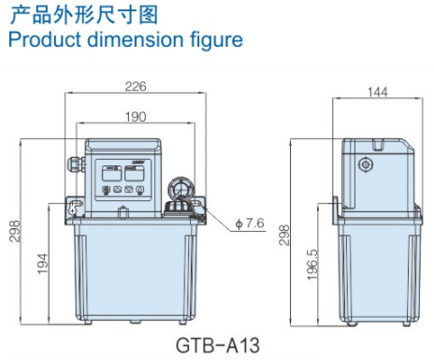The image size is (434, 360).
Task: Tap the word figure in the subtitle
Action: point(212,40)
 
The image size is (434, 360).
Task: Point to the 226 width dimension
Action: point(136,88)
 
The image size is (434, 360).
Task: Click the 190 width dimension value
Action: point(136,117)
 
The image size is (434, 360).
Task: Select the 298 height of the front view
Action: point(13,230)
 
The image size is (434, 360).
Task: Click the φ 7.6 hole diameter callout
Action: point(251,223)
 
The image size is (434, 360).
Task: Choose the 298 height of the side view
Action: point(284,231)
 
